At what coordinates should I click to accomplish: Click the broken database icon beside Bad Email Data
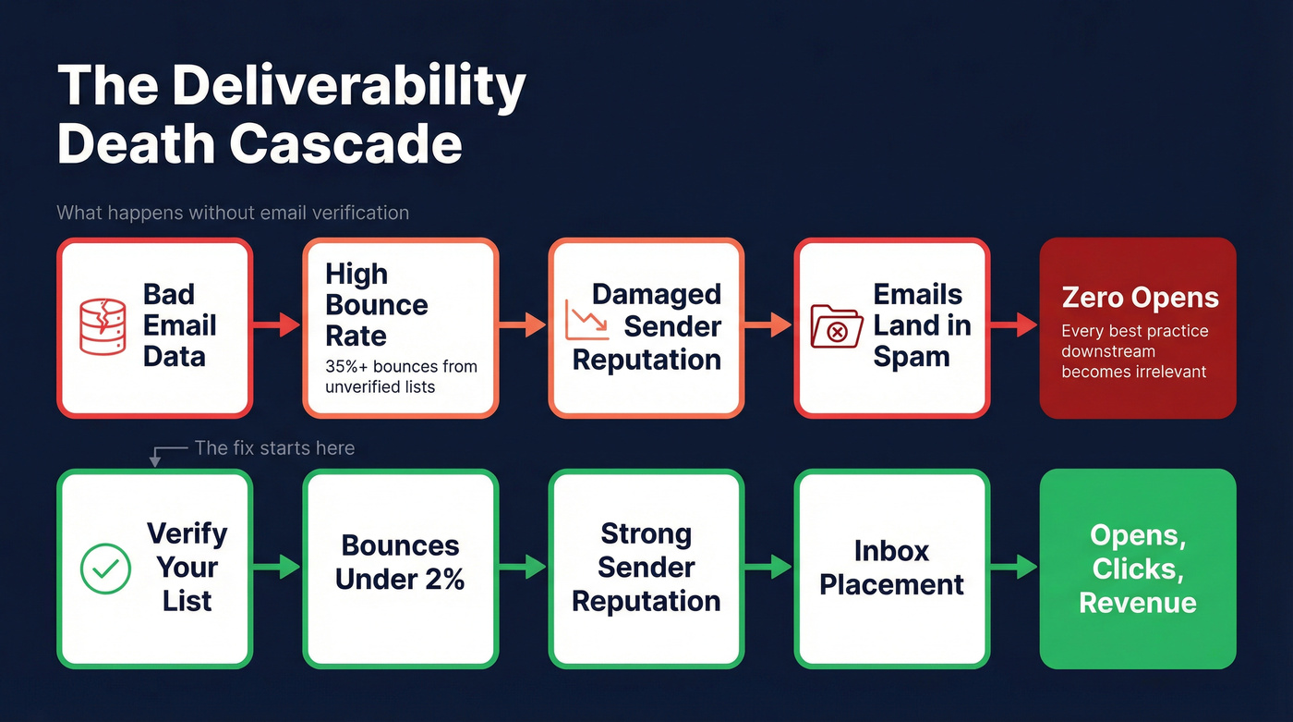[103, 326]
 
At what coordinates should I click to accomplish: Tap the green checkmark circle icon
[105, 568]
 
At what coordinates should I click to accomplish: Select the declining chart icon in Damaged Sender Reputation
[585, 319]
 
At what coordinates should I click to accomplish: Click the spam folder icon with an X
[836, 326]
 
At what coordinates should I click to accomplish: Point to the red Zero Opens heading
[1140, 298]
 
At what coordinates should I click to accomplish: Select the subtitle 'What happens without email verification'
[233, 213]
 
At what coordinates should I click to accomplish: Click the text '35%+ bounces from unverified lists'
[401, 376]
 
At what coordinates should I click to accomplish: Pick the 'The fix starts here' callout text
[274, 448]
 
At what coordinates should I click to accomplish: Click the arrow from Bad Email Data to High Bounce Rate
[276, 325]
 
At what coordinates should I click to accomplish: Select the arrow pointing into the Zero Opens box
[1014, 325]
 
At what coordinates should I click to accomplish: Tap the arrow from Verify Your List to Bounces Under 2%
[276, 567]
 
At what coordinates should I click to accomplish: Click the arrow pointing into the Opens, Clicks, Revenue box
[1014, 567]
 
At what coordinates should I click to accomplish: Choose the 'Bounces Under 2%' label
[400, 562]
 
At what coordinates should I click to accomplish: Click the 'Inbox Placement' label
[891, 568]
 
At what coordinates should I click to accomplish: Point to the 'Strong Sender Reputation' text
[646, 567]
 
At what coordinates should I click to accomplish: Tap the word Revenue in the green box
[1138, 603]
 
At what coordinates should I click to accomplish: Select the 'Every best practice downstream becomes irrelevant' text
[1135, 351]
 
